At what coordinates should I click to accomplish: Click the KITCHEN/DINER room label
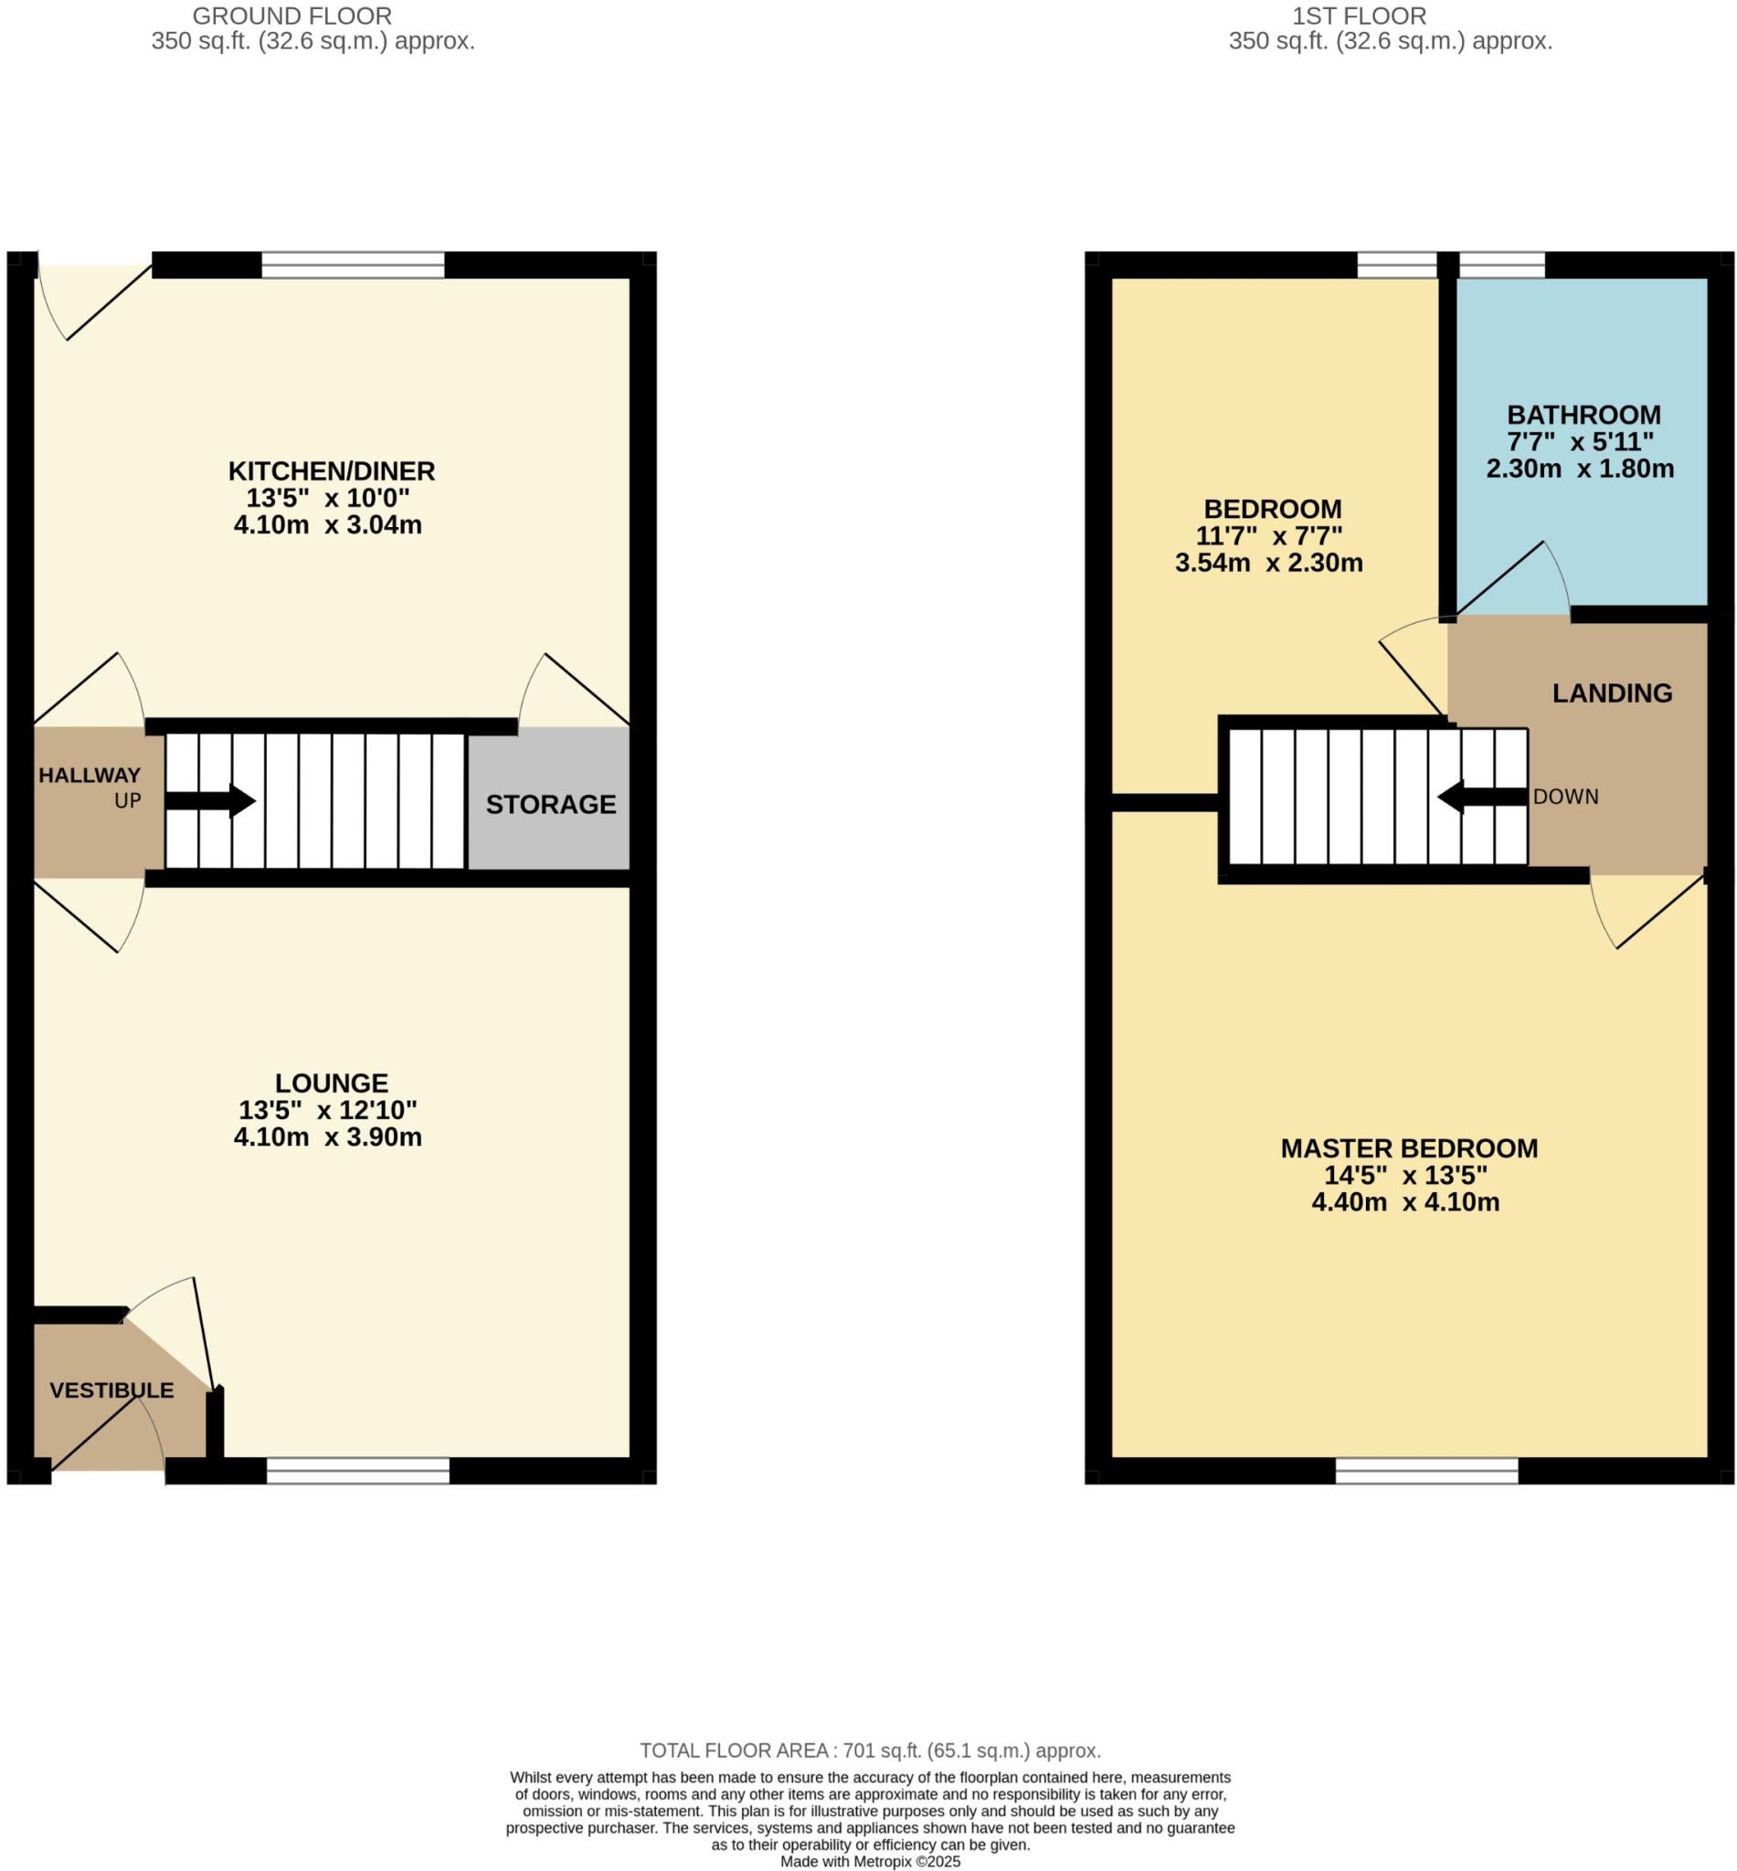pyautogui.click(x=331, y=470)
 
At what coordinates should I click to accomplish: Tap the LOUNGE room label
pyautogui.click(x=331, y=1083)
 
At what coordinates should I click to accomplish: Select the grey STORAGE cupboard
pyautogui.click(x=549, y=801)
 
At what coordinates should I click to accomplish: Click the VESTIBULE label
pyautogui.click(x=111, y=1390)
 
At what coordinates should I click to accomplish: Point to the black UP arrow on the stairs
pyautogui.click(x=209, y=800)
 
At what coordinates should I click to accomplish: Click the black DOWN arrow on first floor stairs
pyautogui.click(x=1481, y=797)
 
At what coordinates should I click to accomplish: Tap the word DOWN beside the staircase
pyautogui.click(x=1565, y=797)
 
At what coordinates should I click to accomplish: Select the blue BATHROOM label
pyautogui.click(x=1583, y=415)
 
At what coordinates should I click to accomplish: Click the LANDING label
pyautogui.click(x=1611, y=693)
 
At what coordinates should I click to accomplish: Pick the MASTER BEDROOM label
pyautogui.click(x=1408, y=1148)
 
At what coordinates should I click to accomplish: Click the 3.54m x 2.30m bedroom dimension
pyautogui.click(x=1268, y=563)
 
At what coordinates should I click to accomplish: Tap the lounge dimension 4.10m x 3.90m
pyautogui.click(x=327, y=1137)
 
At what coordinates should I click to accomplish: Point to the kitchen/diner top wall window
pyautogui.click(x=353, y=265)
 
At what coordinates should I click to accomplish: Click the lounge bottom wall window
pyautogui.click(x=357, y=1471)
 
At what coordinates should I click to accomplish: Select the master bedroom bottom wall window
pyautogui.click(x=1426, y=1471)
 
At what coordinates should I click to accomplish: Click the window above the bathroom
pyautogui.click(x=1501, y=265)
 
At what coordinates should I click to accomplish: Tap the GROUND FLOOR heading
pyautogui.click(x=291, y=16)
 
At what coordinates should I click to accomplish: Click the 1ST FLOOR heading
pyautogui.click(x=1358, y=16)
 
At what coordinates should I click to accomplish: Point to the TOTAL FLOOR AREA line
pyautogui.click(x=870, y=1750)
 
